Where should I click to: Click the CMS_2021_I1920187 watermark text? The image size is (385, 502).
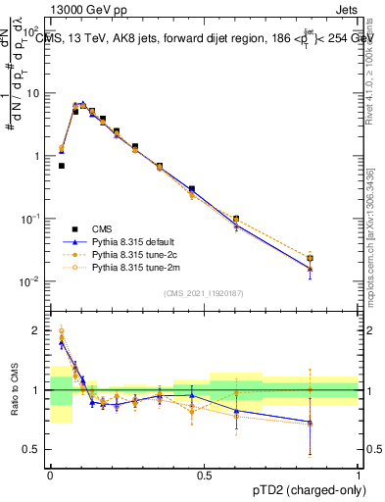click(x=204, y=293)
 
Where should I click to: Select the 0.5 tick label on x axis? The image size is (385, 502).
click(x=204, y=474)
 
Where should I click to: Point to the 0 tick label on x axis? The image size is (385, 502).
click(x=50, y=474)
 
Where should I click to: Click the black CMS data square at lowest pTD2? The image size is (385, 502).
click(x=62, y=166)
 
